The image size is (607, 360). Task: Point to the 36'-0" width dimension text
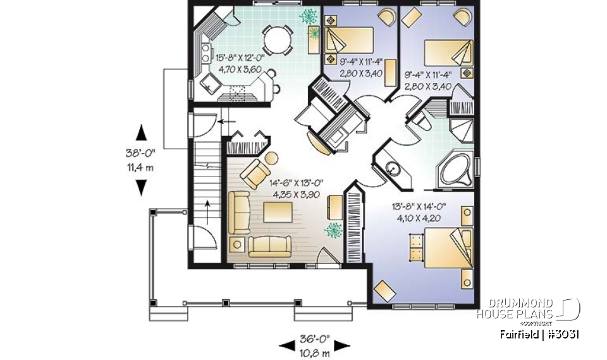(315, 336)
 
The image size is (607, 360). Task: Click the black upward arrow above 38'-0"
(141, 132)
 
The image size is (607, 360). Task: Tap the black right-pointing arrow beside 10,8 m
(342, 345)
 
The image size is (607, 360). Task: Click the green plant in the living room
(331, 231)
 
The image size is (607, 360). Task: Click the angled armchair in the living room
(255, 173)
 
